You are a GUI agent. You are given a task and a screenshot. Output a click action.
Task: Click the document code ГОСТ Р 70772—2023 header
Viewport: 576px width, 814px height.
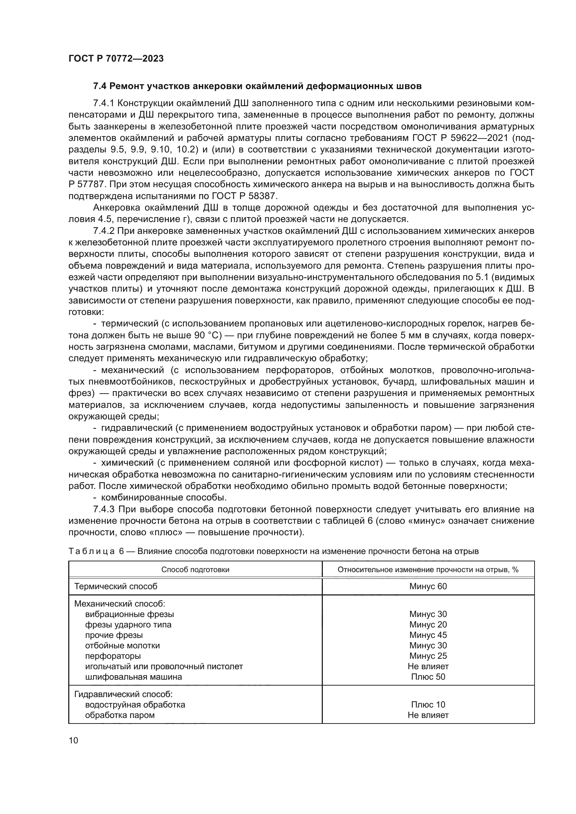tap(116, 59)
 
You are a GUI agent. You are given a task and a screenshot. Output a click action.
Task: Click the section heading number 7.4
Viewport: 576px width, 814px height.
tap(100, 86)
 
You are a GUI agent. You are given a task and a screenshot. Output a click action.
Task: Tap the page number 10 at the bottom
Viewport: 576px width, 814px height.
tap(73, 741)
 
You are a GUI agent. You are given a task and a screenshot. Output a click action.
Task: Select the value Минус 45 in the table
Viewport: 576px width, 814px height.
tap(428, 635)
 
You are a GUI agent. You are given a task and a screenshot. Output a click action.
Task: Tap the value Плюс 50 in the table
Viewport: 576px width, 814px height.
tap(428, 677)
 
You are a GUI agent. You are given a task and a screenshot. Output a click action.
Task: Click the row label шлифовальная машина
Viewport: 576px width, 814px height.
tap(133, 677)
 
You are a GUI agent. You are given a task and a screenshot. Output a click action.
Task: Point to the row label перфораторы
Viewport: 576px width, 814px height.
tap(113, 656)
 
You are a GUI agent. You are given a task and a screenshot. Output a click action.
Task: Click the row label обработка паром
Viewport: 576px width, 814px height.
tap(120, 715)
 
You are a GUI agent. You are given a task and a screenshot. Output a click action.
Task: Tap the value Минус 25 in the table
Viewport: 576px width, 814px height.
tap(428, 656)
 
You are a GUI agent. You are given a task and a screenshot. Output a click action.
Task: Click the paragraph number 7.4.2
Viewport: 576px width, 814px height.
tap(103, 231)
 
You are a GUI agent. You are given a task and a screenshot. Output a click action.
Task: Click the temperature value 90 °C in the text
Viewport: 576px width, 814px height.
tap(208, 335)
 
